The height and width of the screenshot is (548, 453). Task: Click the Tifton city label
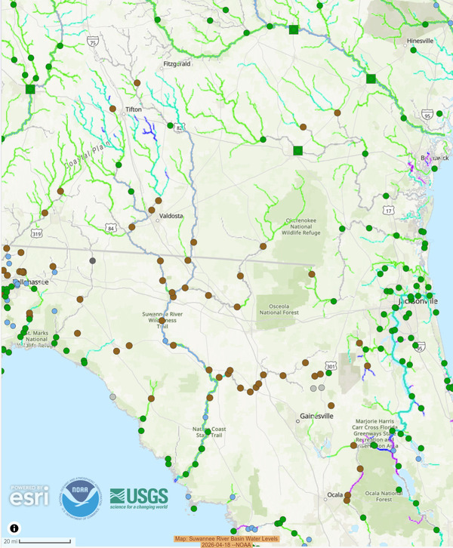click(x=134, y=109)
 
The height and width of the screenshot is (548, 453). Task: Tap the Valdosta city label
click(x=171, y=215)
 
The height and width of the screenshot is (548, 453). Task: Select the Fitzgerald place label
click(x=178, y=64)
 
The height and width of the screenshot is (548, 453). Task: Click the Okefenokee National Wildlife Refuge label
click(x=303, y=226)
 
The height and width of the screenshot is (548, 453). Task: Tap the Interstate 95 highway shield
click(x=427, y=115)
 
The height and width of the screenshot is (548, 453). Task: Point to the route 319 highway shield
click(x=15, y=235)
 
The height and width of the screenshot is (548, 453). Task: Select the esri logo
click(x=29, y=495)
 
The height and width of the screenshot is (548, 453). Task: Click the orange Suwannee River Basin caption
click(x=226, y=541)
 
